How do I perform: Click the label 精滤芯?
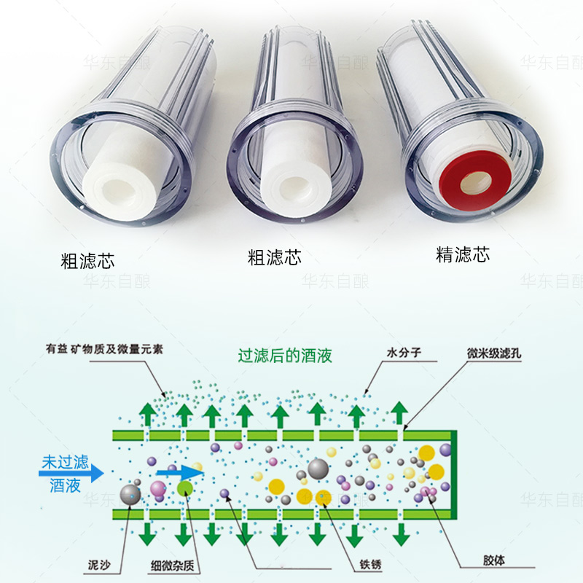point(463,254)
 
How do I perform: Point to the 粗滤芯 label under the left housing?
point(88,259)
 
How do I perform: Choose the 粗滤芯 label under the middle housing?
point(275,257)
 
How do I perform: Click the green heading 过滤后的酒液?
point(285,356)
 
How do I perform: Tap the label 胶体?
point(492,561)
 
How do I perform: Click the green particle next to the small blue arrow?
point(185,488)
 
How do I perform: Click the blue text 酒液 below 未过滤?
point(65,485)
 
